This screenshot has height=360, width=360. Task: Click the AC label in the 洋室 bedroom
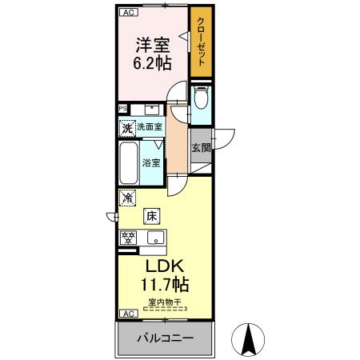127,12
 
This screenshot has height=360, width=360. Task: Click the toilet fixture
200,98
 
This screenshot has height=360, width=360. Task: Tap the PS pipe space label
123,109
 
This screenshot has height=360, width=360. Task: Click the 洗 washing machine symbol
126,127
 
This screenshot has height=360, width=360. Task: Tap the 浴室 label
151,162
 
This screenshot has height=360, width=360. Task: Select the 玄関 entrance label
201,147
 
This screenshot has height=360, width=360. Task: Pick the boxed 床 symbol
150,214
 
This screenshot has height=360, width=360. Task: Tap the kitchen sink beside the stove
154,237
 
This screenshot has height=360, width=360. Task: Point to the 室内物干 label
164,302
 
